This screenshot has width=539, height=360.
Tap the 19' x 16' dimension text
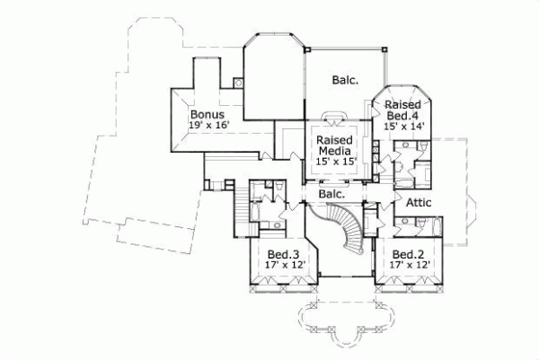(209, 127)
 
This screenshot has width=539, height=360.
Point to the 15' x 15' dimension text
(334, 162)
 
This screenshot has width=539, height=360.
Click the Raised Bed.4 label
(403, 110)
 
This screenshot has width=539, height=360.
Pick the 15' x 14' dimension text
(403, 127)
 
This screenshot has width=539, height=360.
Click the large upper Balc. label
(344, 79)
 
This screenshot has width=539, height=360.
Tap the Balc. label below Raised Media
(333, 193)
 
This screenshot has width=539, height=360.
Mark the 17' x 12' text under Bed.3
(286, 265)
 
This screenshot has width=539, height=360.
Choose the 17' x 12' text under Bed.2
(410, 265)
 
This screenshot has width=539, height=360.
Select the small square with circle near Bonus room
(239, 83)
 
